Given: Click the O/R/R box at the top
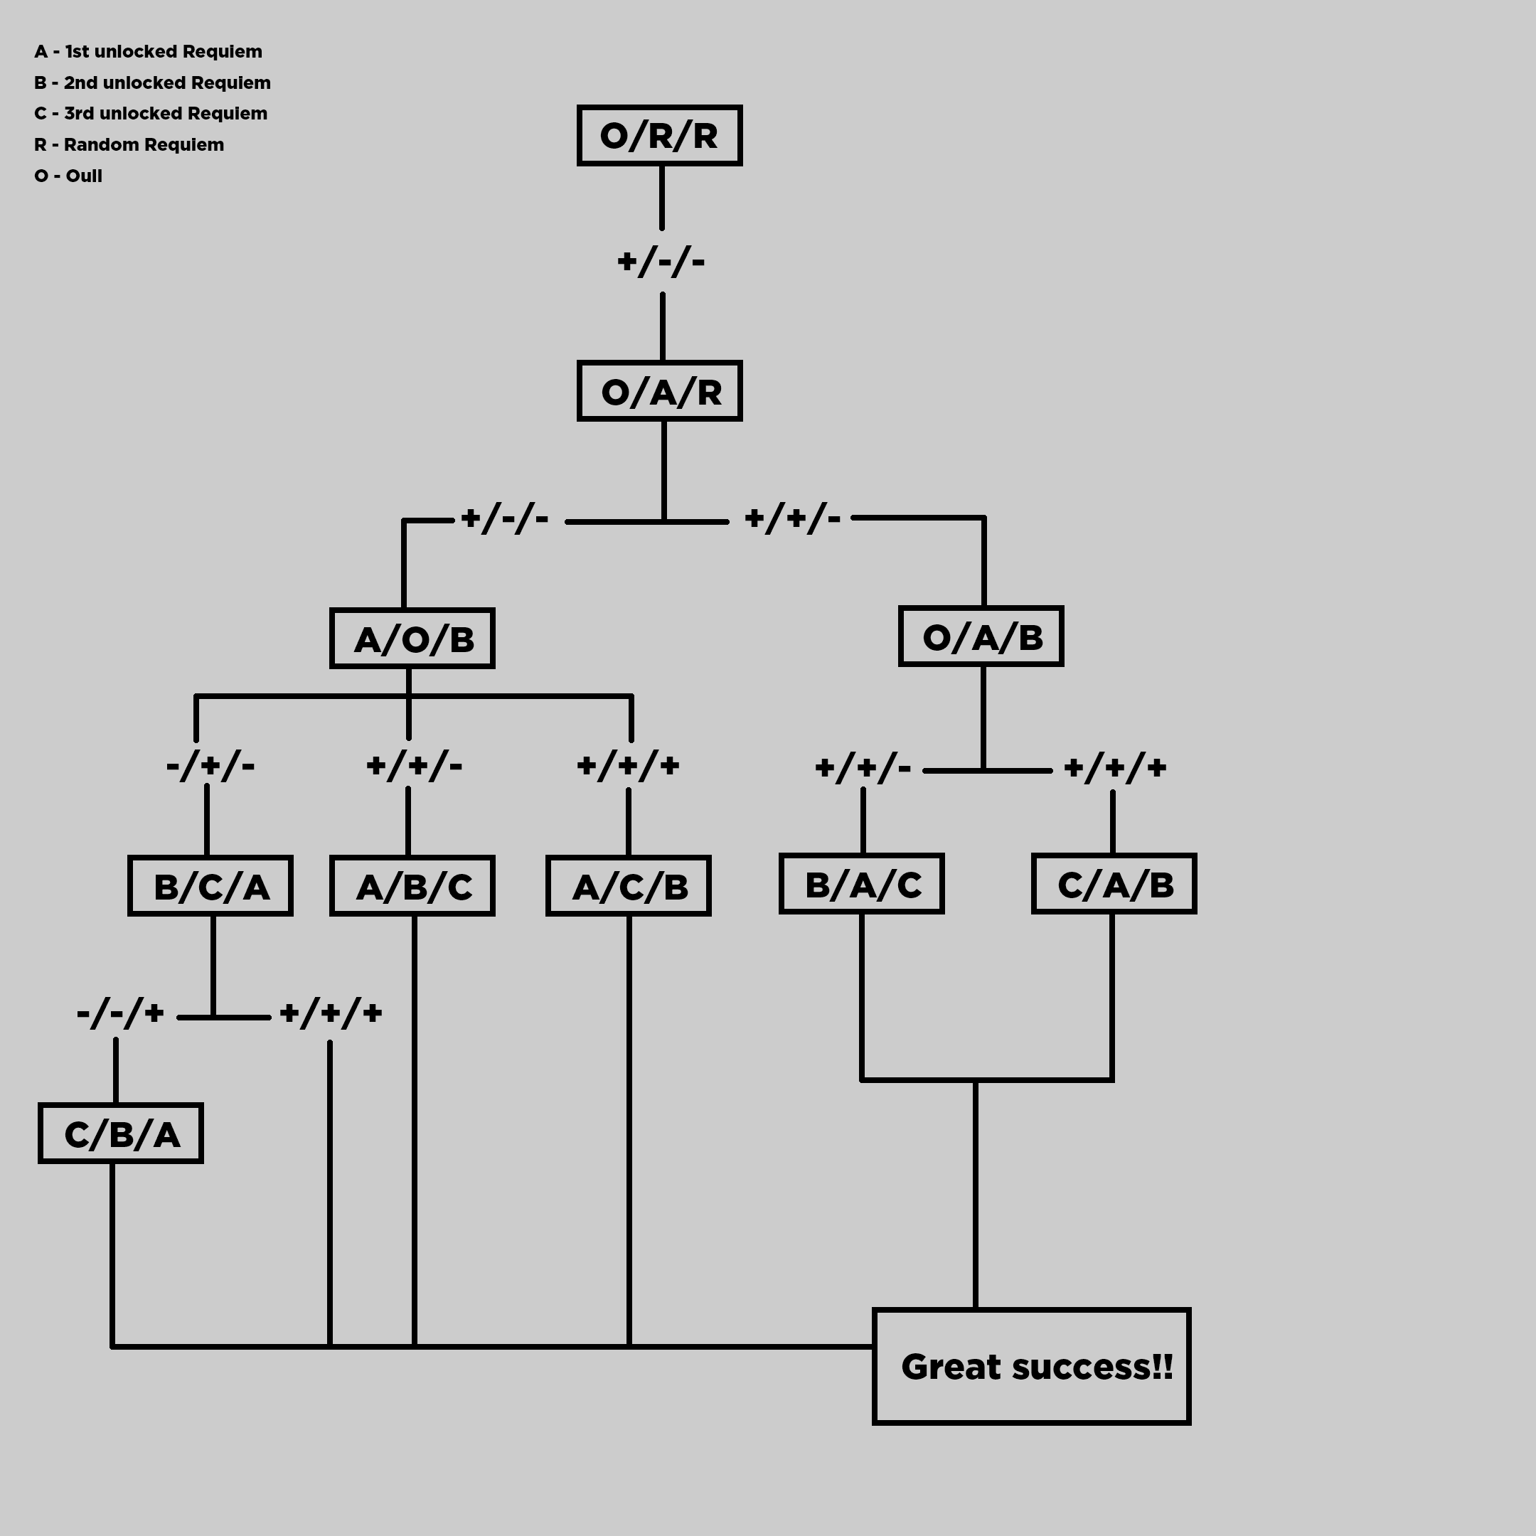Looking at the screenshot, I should pos(659,135).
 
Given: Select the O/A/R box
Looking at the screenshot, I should pos(659,391).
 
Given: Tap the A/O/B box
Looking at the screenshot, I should pos(412,639).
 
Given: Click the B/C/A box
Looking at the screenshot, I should pos(210,885).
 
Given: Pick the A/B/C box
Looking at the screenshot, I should pos(412,885).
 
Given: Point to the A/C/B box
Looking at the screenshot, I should pos(628,885).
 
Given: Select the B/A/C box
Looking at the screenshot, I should pos(862,884).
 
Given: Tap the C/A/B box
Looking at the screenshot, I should pos(1114,884).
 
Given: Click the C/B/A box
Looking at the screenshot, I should pos(121,1134).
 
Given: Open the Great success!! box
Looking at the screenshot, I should pos(1031,1366).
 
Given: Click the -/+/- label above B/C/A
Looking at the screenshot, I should pos(210,767).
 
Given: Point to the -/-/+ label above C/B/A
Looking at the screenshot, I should pos(120,1013).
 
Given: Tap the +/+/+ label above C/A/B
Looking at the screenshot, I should pos(1114,768).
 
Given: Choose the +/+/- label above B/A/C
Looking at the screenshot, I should pos(863,768).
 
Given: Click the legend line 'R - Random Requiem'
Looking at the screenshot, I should pos(129,144).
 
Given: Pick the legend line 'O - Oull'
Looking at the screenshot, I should pos(68,176).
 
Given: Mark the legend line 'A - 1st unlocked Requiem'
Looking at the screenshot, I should pos(148,52).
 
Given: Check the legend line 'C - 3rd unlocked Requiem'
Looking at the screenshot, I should pos(150,114).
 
